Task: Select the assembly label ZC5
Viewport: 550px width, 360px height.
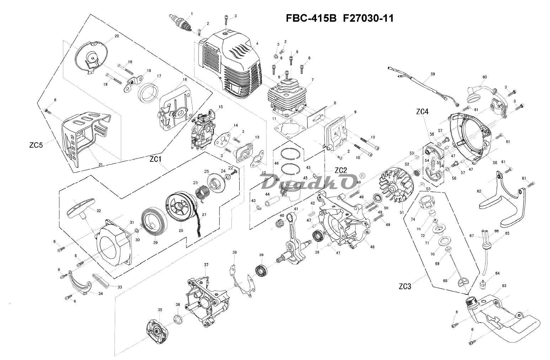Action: point(36,145)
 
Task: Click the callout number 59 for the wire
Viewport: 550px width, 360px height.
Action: point(433,74)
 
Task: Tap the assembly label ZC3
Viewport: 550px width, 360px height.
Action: point(405,286)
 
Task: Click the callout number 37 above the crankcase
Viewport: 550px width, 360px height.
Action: point(206,265)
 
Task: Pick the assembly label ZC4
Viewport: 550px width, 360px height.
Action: point(422,112)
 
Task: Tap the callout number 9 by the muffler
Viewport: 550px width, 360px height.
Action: point(355,112)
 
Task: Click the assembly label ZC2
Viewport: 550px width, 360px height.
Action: point(340,160)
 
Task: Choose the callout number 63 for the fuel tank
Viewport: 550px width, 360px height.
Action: point(504,286)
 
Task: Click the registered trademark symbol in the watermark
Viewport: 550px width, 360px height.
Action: point(362,175)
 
